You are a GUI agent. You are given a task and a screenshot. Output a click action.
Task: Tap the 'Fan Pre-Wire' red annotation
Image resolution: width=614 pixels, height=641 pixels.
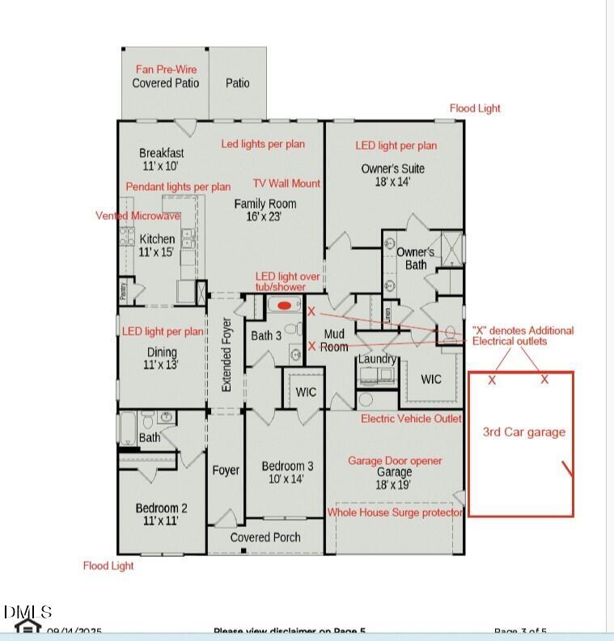pos(166,70)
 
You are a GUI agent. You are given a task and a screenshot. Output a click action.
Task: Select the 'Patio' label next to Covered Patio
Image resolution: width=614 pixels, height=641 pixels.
pos(237,82)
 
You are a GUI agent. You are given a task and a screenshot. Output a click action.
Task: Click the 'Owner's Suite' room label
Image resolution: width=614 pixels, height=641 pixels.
pos(392,168)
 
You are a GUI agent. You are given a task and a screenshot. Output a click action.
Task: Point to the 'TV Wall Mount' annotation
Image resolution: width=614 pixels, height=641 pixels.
pos(286,183)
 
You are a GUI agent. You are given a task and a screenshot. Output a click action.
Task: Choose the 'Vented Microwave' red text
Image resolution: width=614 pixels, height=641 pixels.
pos(138,216)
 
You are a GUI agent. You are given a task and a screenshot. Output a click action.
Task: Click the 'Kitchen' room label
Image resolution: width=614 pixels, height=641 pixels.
pos(157,238)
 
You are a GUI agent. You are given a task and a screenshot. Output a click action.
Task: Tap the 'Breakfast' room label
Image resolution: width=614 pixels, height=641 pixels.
pos(161,153)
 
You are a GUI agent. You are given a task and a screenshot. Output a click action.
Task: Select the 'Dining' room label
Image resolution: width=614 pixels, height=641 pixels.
pos(161,352)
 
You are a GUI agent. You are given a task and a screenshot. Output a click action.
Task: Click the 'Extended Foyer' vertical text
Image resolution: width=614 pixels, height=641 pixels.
pos(227,355)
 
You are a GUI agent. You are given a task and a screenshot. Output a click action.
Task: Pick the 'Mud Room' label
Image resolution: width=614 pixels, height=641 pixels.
pos(335,340)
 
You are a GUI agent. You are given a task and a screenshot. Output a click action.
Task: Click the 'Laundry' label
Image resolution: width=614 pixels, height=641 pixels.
pos(377,358)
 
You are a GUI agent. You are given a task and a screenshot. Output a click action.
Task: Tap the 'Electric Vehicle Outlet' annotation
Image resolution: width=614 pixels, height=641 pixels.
pos(411,418)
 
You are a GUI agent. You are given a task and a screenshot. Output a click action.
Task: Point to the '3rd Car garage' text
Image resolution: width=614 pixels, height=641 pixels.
pos(523,432)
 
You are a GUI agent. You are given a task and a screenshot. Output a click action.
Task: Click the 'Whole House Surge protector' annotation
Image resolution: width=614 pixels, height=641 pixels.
pos(395,512)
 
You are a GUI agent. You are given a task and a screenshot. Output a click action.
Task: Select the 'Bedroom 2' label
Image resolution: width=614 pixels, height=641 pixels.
pos(161,508)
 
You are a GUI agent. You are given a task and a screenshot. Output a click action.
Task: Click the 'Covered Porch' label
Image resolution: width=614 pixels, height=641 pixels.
pos(265,537)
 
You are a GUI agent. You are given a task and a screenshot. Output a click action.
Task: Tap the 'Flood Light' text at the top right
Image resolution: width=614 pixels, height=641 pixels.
pos(475,108)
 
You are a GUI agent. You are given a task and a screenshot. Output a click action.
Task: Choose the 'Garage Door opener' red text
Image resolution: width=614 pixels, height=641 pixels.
pos(395,461)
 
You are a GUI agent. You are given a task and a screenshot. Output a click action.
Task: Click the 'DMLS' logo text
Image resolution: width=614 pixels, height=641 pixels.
pos(28,612)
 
